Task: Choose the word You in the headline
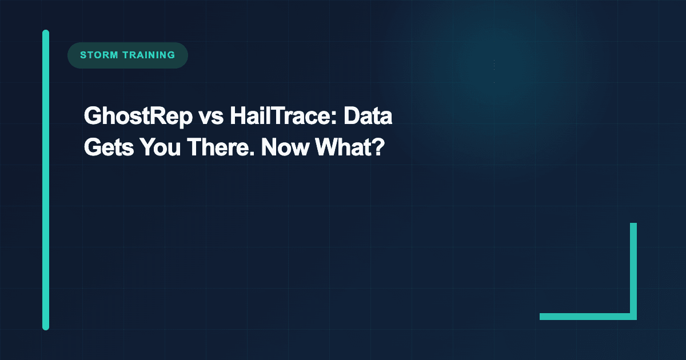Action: point(154,147)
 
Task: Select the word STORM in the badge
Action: point(98,55)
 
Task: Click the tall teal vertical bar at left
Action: point(46,180)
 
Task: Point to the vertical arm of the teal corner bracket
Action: point(633,269)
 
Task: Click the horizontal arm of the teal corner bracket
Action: point(586,317)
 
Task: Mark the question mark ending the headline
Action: point(377,147)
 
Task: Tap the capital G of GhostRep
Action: point(91,118)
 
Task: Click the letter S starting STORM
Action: point(83,55)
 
